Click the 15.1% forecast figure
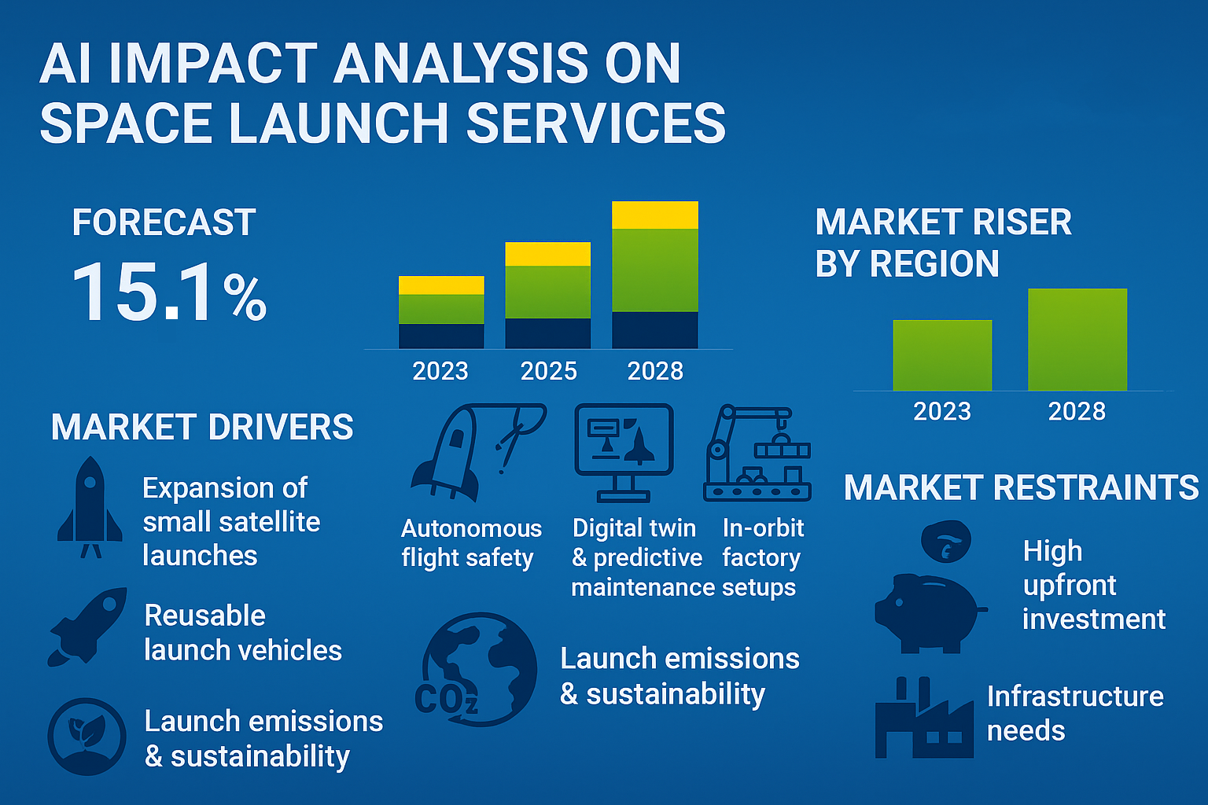pos(169,292)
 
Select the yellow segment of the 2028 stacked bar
pos(654,215)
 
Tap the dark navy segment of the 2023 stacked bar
pos(441,336)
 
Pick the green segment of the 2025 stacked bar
pos(547,292)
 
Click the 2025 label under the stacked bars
pos(548,371)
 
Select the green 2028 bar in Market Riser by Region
pos(1077,340)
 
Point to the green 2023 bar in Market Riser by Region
pos(942,355)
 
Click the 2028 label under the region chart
pos(1077,411)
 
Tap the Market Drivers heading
pos(202,427)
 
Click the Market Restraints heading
pos(1021,487)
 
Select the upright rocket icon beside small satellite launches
pos(90,507)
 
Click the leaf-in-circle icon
pos(87,737)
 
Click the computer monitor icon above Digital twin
pos(624,452)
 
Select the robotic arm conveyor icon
pos(757,453)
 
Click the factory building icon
pos(924,719)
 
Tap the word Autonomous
pos(471,528)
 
